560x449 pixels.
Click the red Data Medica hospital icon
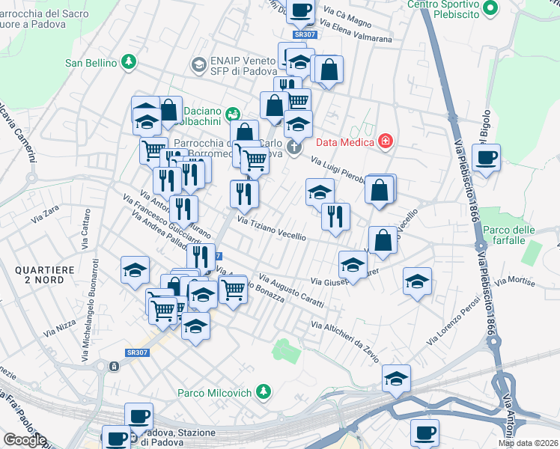point(386,141)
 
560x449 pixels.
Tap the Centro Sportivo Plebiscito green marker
point(490,7)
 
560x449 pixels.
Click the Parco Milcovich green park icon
point(263,391)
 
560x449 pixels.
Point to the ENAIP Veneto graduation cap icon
point(198,65)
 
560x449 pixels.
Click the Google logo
point(25,440)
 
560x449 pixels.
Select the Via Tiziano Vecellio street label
point(272,227)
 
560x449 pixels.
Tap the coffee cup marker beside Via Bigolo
point(487,157)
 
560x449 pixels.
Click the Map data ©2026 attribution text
point(529,443)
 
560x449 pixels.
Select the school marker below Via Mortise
point(417,281)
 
